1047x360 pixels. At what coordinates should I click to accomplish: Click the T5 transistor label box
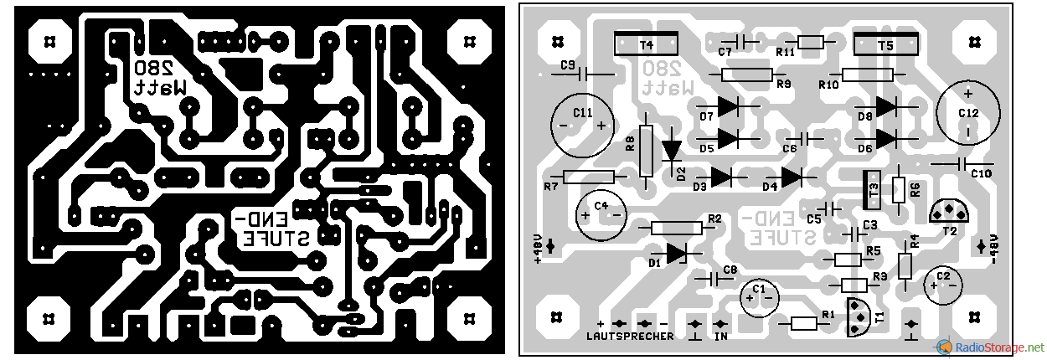click(885, 44)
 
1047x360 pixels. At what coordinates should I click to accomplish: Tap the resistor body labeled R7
click(589, 177)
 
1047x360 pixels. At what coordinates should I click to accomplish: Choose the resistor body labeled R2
click(676, 228)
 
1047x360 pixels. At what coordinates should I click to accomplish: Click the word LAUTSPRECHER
click(630, 337)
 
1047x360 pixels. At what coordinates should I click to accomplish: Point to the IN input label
click(719, 337)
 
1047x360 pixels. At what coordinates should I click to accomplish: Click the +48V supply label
click(537, 248)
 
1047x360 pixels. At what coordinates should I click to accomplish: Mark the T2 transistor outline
click(949, 212)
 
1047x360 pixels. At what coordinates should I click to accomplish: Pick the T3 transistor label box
click(872, 190)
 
